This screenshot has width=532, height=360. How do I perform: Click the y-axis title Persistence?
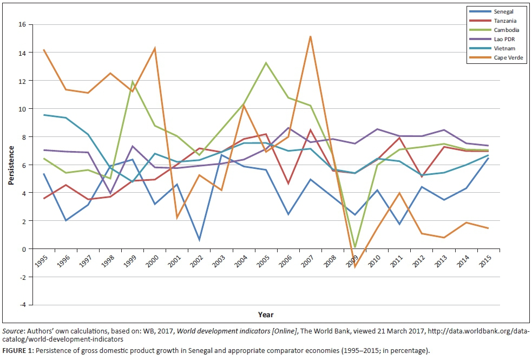(10, 165)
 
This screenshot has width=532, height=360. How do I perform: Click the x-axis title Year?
(266, 315)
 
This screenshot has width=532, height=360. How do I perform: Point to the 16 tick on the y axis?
(22, 25)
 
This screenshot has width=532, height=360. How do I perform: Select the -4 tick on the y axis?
(22, 305)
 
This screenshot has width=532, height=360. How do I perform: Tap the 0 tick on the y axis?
(24, 249)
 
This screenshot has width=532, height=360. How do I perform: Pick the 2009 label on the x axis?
(354, 260)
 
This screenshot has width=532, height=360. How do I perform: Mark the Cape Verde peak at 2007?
(311, 36)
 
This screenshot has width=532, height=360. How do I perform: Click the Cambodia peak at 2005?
(266, 63)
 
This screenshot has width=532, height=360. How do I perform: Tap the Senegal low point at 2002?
(199, 240)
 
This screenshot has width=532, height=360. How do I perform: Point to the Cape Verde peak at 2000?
(155, 49)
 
